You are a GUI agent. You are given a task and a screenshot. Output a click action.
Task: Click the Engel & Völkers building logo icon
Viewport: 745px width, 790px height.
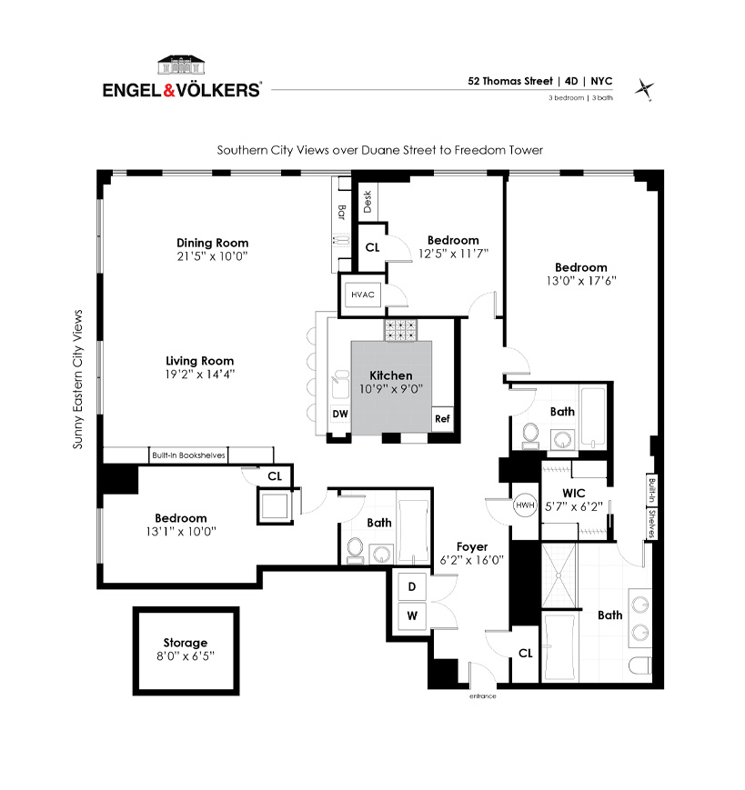pyautogui.click(x=181, y=65)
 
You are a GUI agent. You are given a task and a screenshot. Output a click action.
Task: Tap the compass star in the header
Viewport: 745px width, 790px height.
pyautogui.click(x=644, y=90)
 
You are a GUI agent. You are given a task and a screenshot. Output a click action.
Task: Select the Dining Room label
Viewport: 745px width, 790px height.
pyautogui.click(x=212, y=243)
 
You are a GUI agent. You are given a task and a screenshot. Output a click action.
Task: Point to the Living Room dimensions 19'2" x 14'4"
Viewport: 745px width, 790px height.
pyautogui.click(x=199, y=375)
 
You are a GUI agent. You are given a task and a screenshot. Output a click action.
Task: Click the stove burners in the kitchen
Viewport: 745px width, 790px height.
pyautogui.click(x=401, y=329)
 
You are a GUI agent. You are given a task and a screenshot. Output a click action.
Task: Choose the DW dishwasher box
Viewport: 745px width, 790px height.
pyautogui.click(x=340, y=414)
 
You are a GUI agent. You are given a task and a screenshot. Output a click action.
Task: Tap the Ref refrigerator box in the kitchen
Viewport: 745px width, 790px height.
pyautogui.click(x=442, y=419)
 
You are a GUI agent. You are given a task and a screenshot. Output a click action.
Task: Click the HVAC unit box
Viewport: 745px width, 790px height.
pyautogui.click(x=363, y=295)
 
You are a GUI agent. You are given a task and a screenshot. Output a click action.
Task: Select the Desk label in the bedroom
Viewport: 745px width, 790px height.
pyautogui.click(x=367, y=202)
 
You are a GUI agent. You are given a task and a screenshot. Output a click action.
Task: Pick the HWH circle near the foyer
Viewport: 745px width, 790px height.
pyautogui.click(x=525, y=505)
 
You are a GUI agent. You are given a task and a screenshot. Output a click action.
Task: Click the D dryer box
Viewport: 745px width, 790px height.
pyautogui.click(x=412, y=586)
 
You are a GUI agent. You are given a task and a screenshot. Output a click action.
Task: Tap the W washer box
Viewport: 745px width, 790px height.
pyautogui.click(x=412, y=615)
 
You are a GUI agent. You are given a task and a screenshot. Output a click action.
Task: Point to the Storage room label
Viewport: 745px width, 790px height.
pyautogui.click(x=185, y=643)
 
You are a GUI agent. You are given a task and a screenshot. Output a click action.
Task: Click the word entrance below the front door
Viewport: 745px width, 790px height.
pyautogui.click(x=482, y=695)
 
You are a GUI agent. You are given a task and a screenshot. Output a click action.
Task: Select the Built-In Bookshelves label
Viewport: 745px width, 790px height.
pyautogui.click(x=188, y=455)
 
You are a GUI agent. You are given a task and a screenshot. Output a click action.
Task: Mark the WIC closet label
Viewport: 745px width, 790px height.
pyautogui.click(x=574, y=494)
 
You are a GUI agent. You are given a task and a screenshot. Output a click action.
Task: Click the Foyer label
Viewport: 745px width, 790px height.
pyautogui.click(x=472, y=546)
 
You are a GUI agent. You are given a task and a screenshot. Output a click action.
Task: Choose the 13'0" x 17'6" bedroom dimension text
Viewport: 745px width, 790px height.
pyautogui.click(x=581, y=281)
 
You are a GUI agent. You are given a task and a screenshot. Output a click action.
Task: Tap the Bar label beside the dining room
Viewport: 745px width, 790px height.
pyautogui.click(x=341, y=212)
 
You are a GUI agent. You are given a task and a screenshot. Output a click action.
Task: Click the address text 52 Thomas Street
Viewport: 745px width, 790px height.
pyautogui.click(x=510, y=81)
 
